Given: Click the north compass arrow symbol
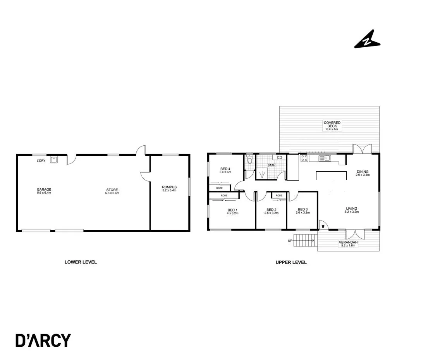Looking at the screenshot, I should [x=367, y=40].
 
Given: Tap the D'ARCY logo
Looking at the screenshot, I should [x=43, y=340].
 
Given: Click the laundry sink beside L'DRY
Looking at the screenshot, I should [x=53, y=159].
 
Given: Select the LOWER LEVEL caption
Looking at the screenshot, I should [x=81, y=262].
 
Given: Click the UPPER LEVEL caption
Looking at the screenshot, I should [x=291, y=262].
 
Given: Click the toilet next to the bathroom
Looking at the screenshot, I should [x=250, y=160].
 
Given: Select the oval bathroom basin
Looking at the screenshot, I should [x=279, y=158].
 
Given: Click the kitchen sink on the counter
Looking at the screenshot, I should [x=324, y=158].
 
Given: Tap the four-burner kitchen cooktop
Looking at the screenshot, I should [x=304, y=158].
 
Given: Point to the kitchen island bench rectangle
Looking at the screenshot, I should [x=331, y=176].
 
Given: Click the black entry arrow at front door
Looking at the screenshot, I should [x=323, y=226].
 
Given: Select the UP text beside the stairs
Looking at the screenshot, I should [x=290, y=241].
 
